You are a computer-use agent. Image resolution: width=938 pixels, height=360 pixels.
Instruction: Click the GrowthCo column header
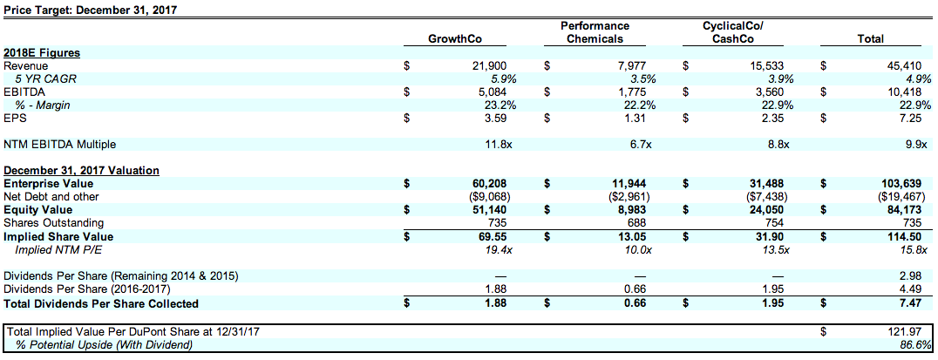point(454,38)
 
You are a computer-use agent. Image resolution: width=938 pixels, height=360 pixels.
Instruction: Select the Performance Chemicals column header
point(595,32)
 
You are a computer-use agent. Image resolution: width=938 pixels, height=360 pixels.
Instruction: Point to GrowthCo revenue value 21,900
point(489,65)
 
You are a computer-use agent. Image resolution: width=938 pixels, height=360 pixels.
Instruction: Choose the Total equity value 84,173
point(912,210)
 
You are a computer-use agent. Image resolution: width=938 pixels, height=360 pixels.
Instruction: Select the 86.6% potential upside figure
point(914,344)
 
